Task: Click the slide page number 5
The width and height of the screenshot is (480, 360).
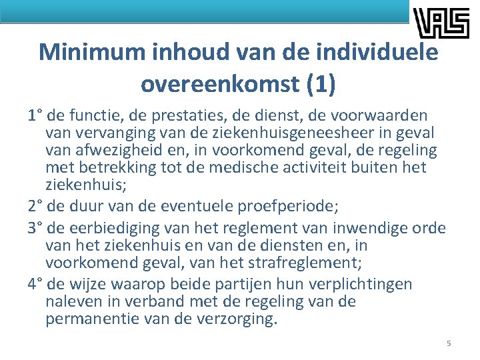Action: tap(449, 343)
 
